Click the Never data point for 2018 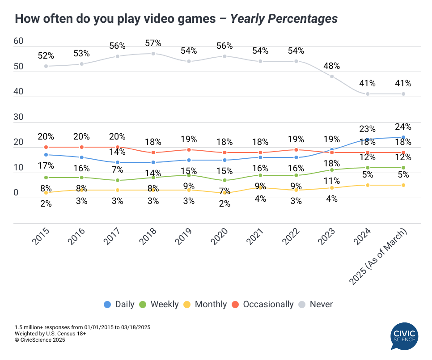click(x=153, y=54)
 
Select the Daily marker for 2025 click(x=403, y=137)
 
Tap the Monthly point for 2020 click(x=224, y=193)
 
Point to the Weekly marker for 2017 click(x=117, y=180)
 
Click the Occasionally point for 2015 click(x=46, y=147)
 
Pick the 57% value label click(x=153, y=43)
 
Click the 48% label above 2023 click(x=332, y=66)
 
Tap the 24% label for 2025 click(x=403, y=127)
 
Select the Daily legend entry click(x=119, y=305)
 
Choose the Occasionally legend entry click(x=263, y=305)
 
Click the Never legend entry click(x=316, y=305)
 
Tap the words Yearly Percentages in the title click(x=284, y=19)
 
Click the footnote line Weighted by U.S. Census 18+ click(x=50, y=334)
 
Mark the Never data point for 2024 click(x=368, y=94)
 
